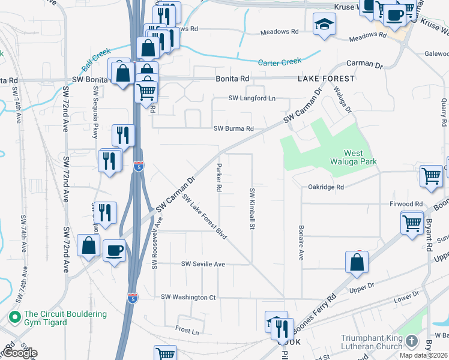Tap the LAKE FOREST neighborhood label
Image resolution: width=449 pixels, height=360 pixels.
(326, 79)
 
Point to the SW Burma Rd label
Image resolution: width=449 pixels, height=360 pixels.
(234, 128)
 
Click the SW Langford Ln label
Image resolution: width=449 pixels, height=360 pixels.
(252, 98)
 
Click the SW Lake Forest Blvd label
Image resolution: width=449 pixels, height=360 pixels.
(204, 217)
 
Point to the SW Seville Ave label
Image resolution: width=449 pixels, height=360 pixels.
(203, 264)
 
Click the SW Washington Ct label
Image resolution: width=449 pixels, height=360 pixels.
(188, 297)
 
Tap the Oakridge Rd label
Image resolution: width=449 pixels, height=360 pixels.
(327, 187)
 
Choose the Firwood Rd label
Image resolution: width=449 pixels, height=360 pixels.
(406, 204)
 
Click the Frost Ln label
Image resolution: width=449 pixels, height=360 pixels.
(187, 330)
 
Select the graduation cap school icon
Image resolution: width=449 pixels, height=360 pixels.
(325, 24)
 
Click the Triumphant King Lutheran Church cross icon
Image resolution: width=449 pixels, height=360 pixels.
(411, 341)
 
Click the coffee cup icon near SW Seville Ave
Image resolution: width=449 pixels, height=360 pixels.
(114, 250)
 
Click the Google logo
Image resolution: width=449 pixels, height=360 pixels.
(19, 353)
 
